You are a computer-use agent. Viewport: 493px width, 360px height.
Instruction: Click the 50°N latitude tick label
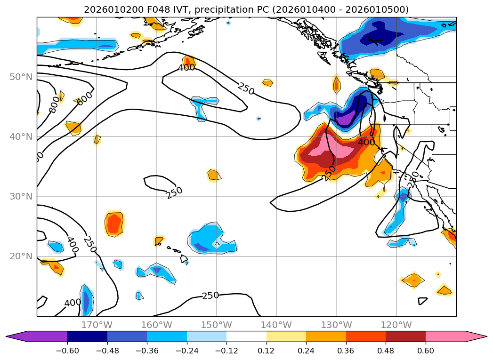pyautogui.click(x=21, y=77)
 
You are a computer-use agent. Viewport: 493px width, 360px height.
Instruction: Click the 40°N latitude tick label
pyautogui.click(x=21, y=137)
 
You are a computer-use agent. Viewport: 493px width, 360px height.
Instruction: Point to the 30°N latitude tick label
pyautogui.click(x=21, y=197)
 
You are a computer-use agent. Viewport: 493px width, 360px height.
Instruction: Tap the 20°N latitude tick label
pyautogui.click(x=21, y=256)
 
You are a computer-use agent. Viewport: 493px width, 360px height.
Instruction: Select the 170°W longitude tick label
pyautogui.click(x=97, y=325)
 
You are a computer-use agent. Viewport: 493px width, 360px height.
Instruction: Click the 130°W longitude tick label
pyautogui.click(x=336, y=325)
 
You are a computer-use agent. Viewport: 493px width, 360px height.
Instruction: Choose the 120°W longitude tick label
pyautogui.click(x=396, y=325)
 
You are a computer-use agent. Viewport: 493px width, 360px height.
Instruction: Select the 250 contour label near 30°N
pyautogui.click(x=174, y=192)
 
